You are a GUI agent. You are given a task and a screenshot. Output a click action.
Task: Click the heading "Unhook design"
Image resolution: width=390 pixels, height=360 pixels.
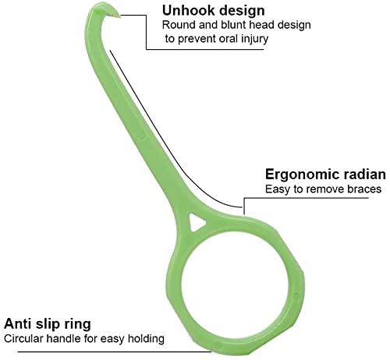pos(214,11)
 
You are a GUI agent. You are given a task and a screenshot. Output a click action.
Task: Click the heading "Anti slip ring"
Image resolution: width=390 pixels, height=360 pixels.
pos(48,324)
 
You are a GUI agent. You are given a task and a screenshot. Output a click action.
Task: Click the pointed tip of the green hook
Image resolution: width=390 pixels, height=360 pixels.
pos(119,16)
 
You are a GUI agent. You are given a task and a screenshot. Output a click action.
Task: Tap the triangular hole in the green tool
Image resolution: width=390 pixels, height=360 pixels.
pos(197,223)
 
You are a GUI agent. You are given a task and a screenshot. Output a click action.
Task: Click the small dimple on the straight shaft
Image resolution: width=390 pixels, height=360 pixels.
pos(142,135)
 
